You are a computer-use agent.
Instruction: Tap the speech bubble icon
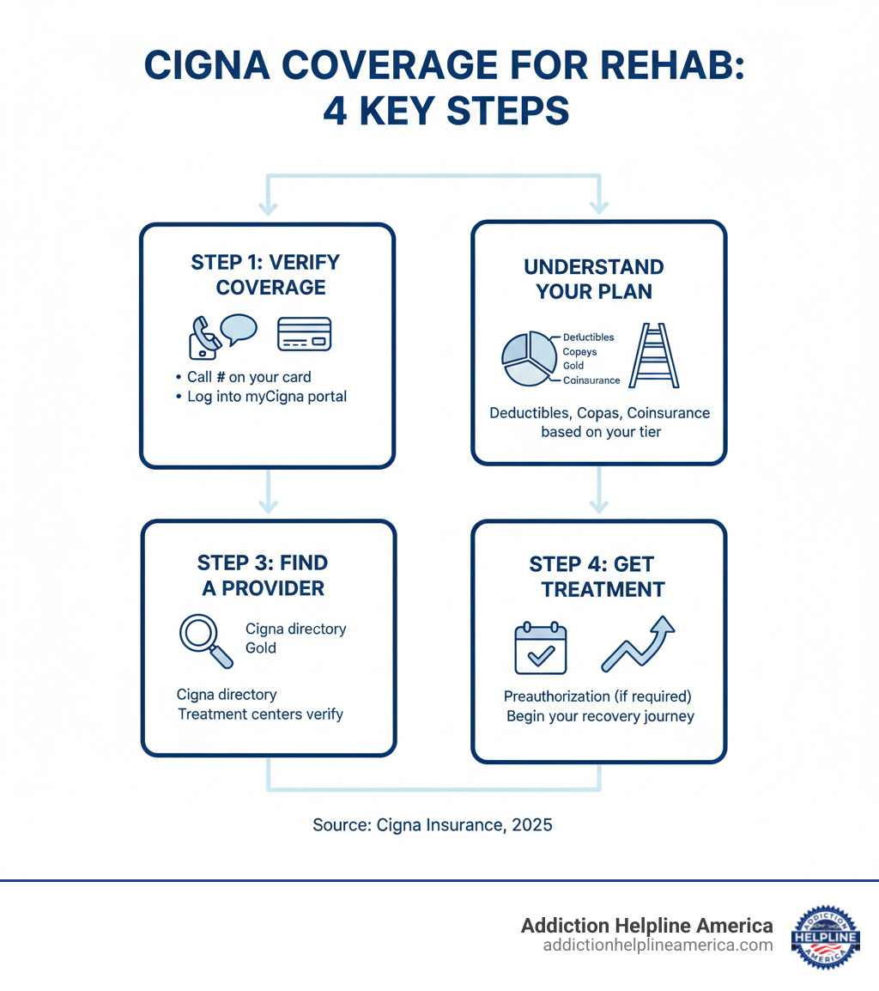[239, 329]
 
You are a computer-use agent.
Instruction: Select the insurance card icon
[304, 334]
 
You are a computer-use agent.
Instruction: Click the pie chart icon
[527, 359]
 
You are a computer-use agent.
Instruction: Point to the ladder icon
[654, 355]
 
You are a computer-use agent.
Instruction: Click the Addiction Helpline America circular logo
[824, 935]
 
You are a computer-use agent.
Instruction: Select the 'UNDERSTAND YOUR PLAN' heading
[594, 279]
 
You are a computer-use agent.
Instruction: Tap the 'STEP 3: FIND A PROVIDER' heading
[263, 575]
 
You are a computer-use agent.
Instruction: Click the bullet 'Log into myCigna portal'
[266, 397]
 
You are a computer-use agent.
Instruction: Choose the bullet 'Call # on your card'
[249, 377]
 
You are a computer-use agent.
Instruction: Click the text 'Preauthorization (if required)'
[597, 696]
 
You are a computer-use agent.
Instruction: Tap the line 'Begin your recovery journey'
[600, 715]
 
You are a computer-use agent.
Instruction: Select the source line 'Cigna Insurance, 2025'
[433, 825]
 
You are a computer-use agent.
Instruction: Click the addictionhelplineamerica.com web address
[658, 945]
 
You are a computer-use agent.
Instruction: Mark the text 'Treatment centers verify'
[260, 714]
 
